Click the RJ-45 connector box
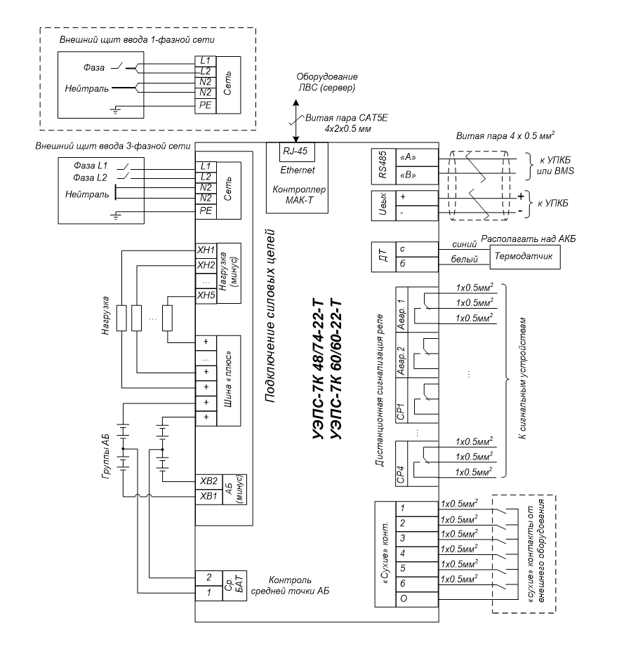[297, 152]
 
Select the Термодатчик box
[525, 256]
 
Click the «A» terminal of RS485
[417, 158]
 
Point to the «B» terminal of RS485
[417, 175]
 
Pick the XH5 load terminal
[206, 296]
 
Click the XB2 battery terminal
[208, 481]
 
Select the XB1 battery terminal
[208, 497]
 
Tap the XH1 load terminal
[206, 250]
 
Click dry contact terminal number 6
[417, 584]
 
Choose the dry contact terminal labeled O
[417, 599]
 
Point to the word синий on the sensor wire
[465, 244]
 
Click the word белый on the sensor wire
[465, 260]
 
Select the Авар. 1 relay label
[401, 310]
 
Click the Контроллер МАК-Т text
[299, 195]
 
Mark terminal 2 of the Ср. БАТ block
[208, 578]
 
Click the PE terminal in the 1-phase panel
[206, 105]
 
